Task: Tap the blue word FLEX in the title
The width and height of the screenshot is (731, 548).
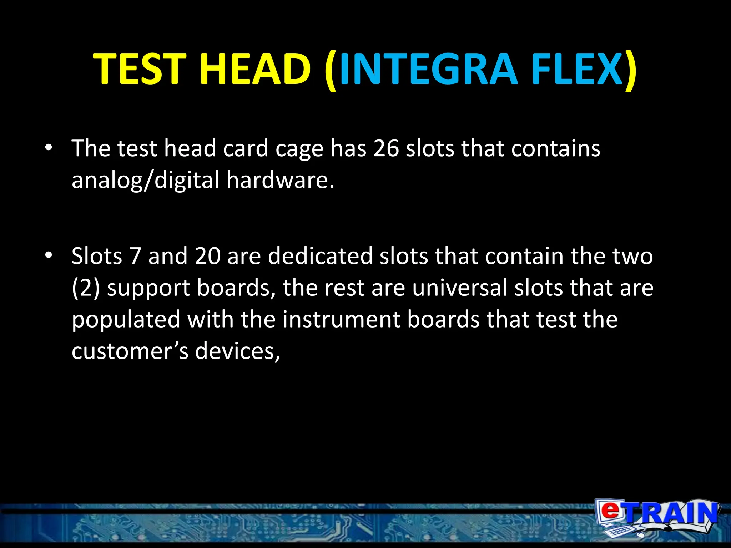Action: click(577, 69)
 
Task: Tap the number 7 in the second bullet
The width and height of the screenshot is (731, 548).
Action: click(135, 256)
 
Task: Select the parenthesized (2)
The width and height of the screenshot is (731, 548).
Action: click(86, 288)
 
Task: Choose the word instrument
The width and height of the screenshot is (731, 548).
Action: click(341, 319)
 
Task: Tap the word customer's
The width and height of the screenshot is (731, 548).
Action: click(130, 351)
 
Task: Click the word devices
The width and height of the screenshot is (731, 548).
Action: click(237, 351)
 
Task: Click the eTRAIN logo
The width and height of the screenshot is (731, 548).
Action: click(656, 519)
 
